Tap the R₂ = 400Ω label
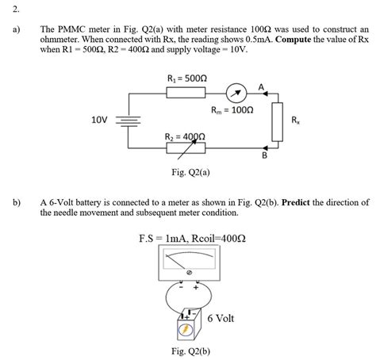coord(185,136)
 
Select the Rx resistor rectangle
coord(278,121)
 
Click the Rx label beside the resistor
coord(295,121)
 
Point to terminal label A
coord(261,85)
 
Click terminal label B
coord(264,156)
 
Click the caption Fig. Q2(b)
coord(190,350)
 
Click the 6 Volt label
coord(221,318)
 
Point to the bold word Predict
coord(298,202)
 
